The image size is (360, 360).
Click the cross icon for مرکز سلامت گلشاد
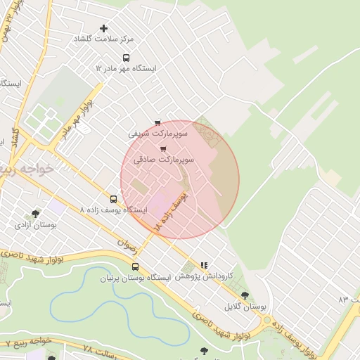104,29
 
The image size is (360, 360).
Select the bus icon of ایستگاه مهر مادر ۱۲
126,58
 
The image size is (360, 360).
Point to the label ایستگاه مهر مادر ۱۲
126,69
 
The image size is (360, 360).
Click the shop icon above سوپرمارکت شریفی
157,123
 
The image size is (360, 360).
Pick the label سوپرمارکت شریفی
157,132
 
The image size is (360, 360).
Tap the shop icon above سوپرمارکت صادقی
164,149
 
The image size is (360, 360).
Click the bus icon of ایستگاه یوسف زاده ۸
114,199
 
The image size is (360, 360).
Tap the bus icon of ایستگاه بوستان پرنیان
135,266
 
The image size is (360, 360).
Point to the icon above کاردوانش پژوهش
204,266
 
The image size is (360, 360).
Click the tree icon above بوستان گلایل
245,296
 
